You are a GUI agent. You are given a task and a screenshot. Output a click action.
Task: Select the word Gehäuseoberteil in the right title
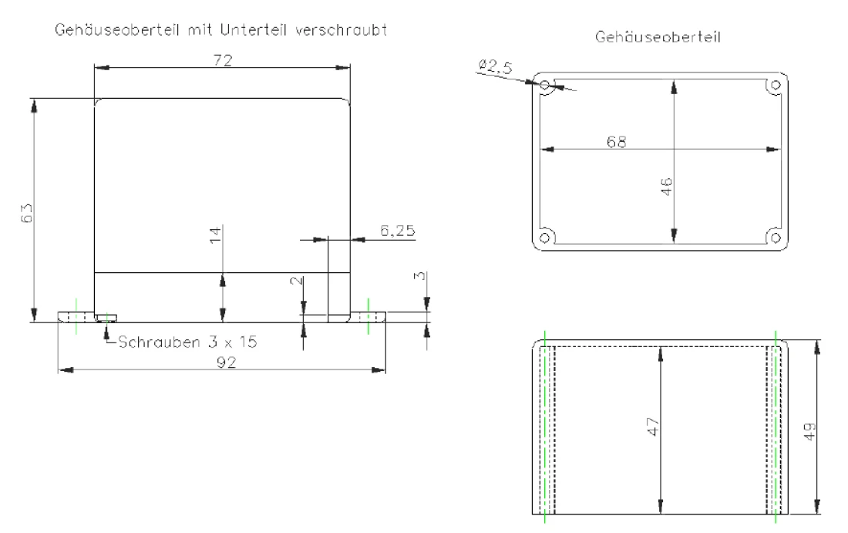point(657,36)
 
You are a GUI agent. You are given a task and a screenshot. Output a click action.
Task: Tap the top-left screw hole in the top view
point(545,85)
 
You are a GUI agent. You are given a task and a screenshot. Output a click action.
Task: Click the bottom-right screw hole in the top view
point(776,237)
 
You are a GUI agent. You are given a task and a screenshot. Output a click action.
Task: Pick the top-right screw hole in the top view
point(776,85)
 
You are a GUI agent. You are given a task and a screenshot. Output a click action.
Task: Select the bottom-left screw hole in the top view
point(545,237)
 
